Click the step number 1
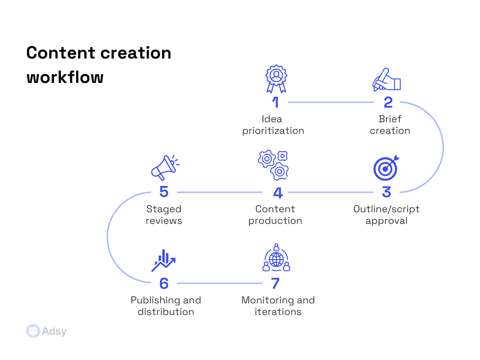click(x=276, y=102)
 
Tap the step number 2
click(x=388, y=102)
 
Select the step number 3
click(x=387, y=192)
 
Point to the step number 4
click(x=278, y=193)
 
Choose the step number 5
click(x=164, y=192)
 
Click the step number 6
click(x=164, y=283)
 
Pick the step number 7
click(x=276, y=283)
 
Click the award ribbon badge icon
click(x=276, y=79)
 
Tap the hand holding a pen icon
click(x=387, y=80)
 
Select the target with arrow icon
click(x=386, y=168)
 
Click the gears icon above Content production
click(x=274, y=165)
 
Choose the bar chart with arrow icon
click(x=163, y=260)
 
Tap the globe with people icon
click(x=276, y=258)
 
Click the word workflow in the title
click(x=65, y=77)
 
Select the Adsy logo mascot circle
click(x=33, y=331)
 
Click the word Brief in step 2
click(x=390, y=119)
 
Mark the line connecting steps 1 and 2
click(x=331, y=102)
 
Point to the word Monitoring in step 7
click(x=267, y=300)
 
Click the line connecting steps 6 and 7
click(x=219, y=283)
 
